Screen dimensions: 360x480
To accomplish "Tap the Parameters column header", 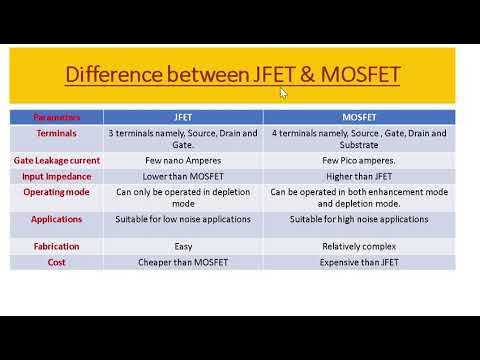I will coord(56,117).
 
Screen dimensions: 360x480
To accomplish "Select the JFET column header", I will coord(182,117).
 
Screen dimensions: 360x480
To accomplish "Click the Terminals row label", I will coord(56,132).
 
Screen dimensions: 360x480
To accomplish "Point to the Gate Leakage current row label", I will coord(56,159).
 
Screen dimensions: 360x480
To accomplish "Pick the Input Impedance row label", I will coord(56,175).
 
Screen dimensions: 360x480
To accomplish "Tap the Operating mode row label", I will coord(56,190).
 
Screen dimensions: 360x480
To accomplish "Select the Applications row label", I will coord(56,219).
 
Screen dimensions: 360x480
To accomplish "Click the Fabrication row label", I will coord(56,246).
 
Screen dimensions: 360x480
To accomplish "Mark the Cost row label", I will coord(56,261).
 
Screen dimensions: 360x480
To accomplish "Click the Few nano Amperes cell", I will coord(182,159).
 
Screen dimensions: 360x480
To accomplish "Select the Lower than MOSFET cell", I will coord(182,175).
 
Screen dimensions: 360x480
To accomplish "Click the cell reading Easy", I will coord(182,246).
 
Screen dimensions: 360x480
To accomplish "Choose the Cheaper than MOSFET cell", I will coord(182,261).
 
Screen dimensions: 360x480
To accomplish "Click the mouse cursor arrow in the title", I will coord(283,93).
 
